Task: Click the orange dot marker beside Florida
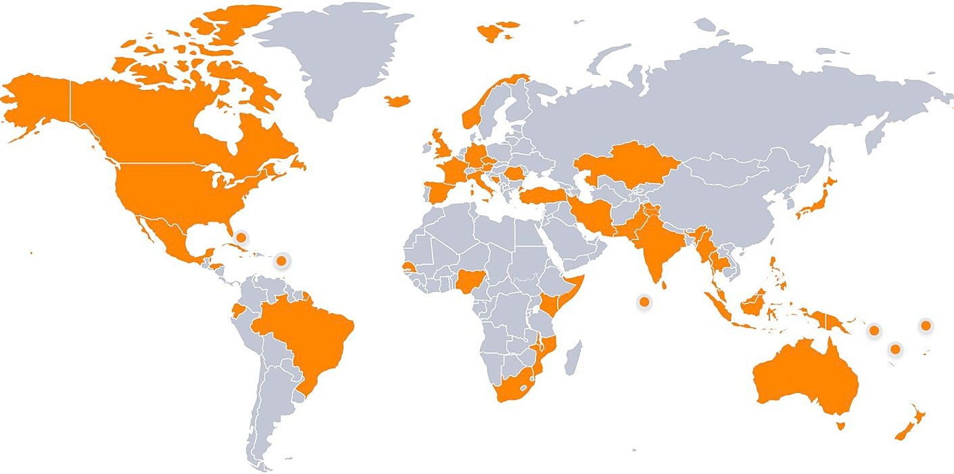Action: pos(241,237)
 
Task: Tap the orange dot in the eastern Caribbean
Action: pos(281,260)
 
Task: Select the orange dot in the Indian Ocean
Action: pos(644,301)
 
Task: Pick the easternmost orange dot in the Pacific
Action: pos(926,325)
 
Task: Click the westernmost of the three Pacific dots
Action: pos(874,330)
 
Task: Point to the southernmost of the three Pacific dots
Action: pos(895,349)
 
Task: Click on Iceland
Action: pos(398,100)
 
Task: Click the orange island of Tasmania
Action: pos(840,425)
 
